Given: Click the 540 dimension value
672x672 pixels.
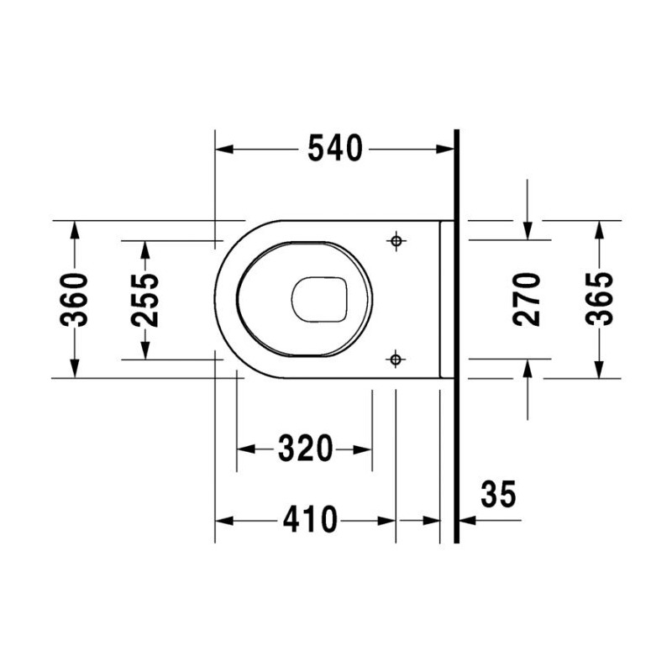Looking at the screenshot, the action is [x=335, y=149].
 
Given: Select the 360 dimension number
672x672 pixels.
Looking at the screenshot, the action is [x=74, y=299].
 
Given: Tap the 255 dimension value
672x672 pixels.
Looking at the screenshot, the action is [x=144, y=300].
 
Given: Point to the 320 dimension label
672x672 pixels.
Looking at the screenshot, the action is [x=305, y=449].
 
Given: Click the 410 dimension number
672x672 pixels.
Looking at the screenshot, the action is [x=310, y=520].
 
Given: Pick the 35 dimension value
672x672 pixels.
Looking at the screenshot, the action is [x=498, y=494].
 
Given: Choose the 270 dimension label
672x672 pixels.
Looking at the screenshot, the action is [x=527, y=299].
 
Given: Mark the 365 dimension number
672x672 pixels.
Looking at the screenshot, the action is [x=599, y=299].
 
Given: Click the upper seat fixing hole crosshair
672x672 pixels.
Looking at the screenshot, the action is [x=396, y=241].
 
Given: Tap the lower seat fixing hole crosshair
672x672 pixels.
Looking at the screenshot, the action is [x=396, y=359].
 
